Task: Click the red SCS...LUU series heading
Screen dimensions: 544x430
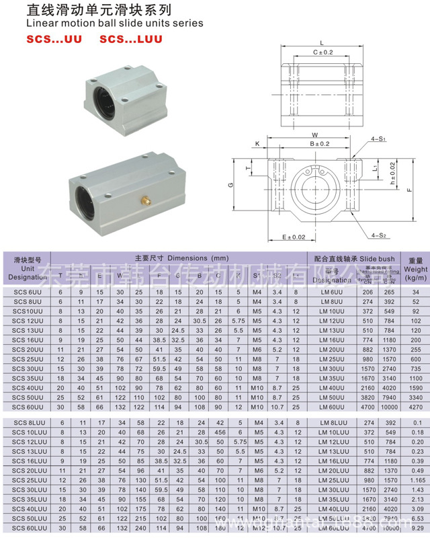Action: pyautogui.click(x=131, y=40)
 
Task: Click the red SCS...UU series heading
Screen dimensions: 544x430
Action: pyautogui.click(x=54, y=40)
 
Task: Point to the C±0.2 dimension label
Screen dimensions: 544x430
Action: pyautogui.click(x=323, y=52)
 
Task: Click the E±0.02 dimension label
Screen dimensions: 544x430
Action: pyautogui.click(x=293, y=237)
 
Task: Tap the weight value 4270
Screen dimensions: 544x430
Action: pyautogui.click(x=416, y=406)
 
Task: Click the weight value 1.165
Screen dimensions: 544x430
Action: pyautogui.click(x=417, y=481)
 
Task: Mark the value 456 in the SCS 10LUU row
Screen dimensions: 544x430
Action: pyautogui.click(x=218, y=432)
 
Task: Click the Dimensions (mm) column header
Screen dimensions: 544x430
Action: pyautogui.click(x=181, y=258)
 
